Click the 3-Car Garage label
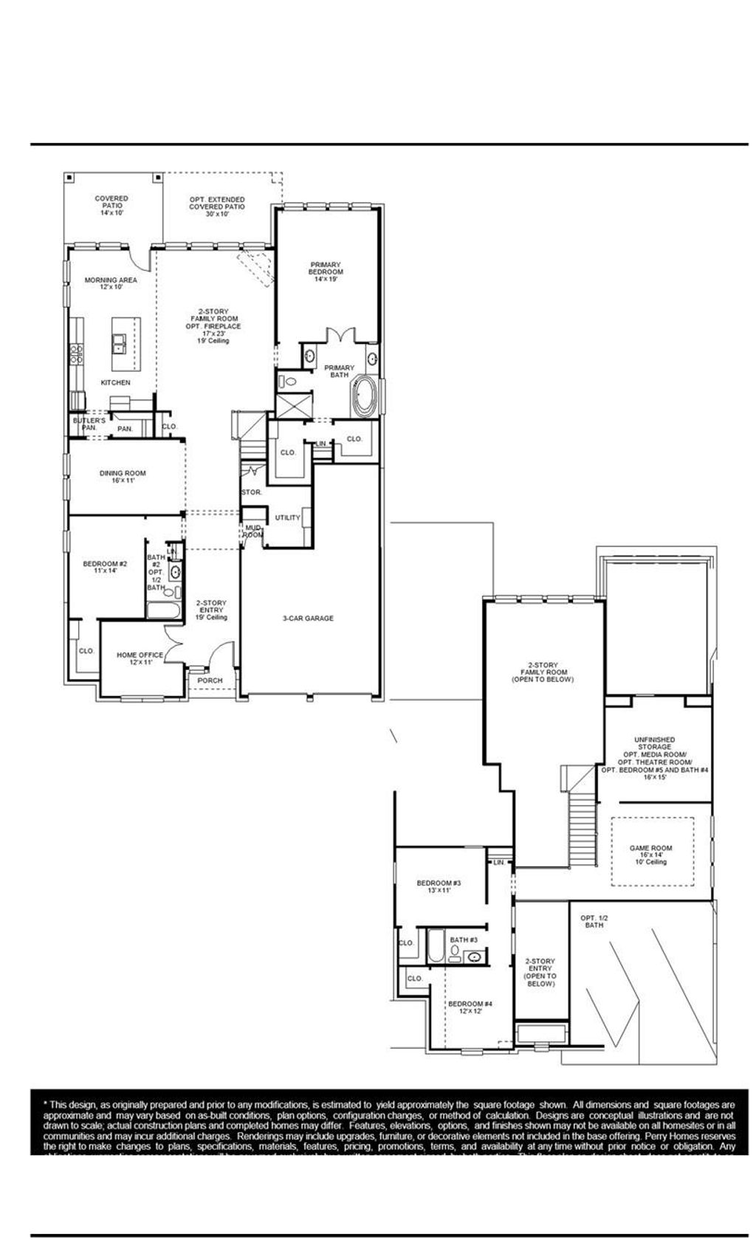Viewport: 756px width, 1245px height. tap(308, 618)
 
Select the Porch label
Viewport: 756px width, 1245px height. tap(210, 680)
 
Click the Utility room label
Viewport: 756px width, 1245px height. tap(287, 518)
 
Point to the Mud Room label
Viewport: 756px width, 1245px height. tap(253, 531)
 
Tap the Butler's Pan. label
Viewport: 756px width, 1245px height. tap(89, 424)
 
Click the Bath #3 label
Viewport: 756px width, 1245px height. tap(464, 939)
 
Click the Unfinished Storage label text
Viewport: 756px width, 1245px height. tap(654, 743)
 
